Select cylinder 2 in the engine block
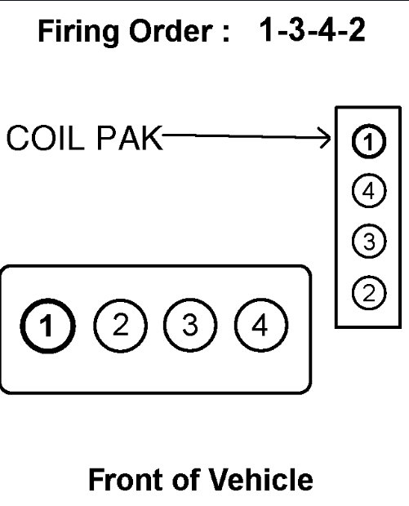click(x=120, y=326)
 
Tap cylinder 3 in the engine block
click(x=189, y=326)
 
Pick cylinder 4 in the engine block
click(x=260, y=326)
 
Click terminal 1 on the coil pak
click(x=367, y=142)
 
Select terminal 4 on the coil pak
click(x=367, y=192)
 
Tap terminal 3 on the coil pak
click(x=367, y=242)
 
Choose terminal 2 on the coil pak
click(x=367, y=291)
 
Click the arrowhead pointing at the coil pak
click(x=320, y=138)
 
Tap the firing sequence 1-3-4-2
click(x=311, y=33)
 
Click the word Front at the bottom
click(x=122, y=480)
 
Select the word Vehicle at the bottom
click(x=260, y=480)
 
